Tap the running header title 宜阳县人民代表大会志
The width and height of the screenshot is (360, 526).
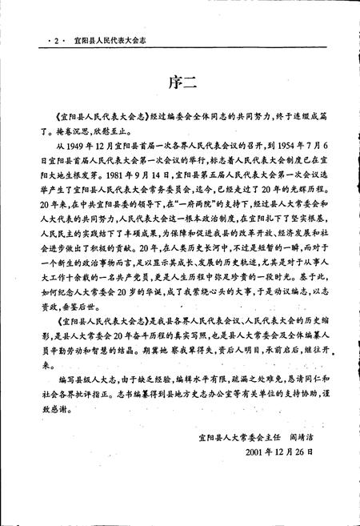pos(113,37)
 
